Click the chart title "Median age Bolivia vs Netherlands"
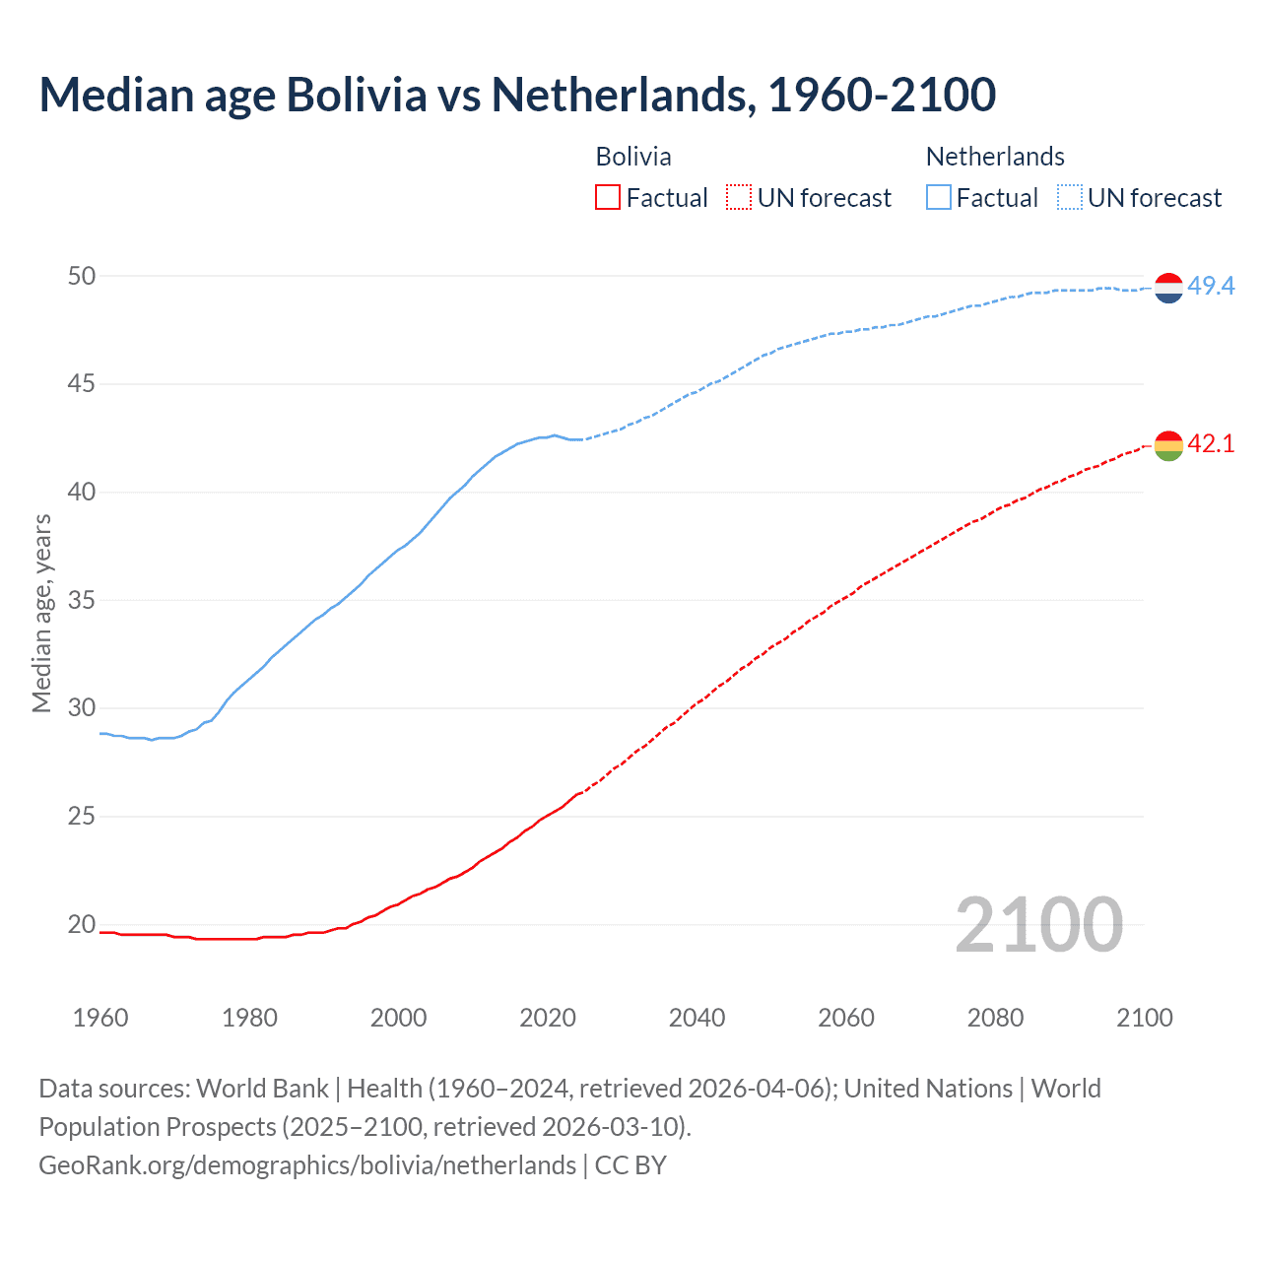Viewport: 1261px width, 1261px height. click(517, 96)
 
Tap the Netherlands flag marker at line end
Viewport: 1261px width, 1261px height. click(1168, 287)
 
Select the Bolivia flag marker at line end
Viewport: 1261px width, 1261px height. click(1168, 445)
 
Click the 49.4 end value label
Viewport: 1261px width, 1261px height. click(1211, 287)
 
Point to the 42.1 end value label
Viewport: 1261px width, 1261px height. click(1211, 444)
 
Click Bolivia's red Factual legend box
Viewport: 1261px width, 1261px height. click(608, 198)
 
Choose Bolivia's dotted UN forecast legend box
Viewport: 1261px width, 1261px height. click(739, 198)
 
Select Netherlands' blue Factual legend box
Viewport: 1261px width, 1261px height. click(939, 198)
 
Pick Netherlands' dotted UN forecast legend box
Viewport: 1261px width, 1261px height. click(1070, 198)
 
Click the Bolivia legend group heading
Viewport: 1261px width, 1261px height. click(633, 157)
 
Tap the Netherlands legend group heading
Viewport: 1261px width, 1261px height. click(995, 157)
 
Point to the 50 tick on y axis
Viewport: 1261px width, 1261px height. click(82, 276)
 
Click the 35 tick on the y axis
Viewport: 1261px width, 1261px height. click(82, 600)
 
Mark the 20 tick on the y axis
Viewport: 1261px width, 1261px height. click(82, 924)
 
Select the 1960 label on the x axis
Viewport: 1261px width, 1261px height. click(100, 1018)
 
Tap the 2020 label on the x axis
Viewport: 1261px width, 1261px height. click(548, 1018)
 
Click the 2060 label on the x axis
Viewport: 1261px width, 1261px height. click(846, 1018)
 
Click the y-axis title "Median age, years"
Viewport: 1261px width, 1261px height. click(41, 613)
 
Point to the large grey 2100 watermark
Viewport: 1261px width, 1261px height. click(1039, 924)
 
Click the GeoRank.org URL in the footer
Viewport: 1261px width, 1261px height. click(307, 1165)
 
